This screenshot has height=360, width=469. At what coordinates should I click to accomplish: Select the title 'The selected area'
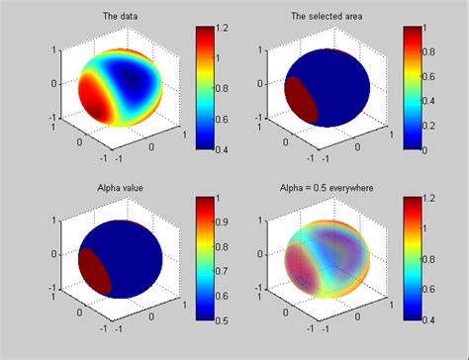click(325, 17)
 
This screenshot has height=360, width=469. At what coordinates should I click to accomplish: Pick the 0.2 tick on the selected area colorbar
click(437, 126)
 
